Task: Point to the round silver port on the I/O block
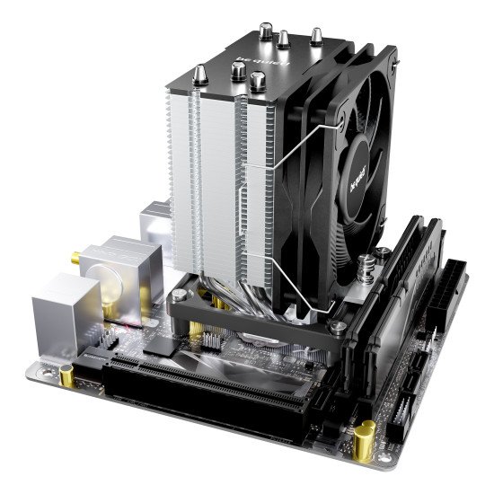click(x=108, y=287)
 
